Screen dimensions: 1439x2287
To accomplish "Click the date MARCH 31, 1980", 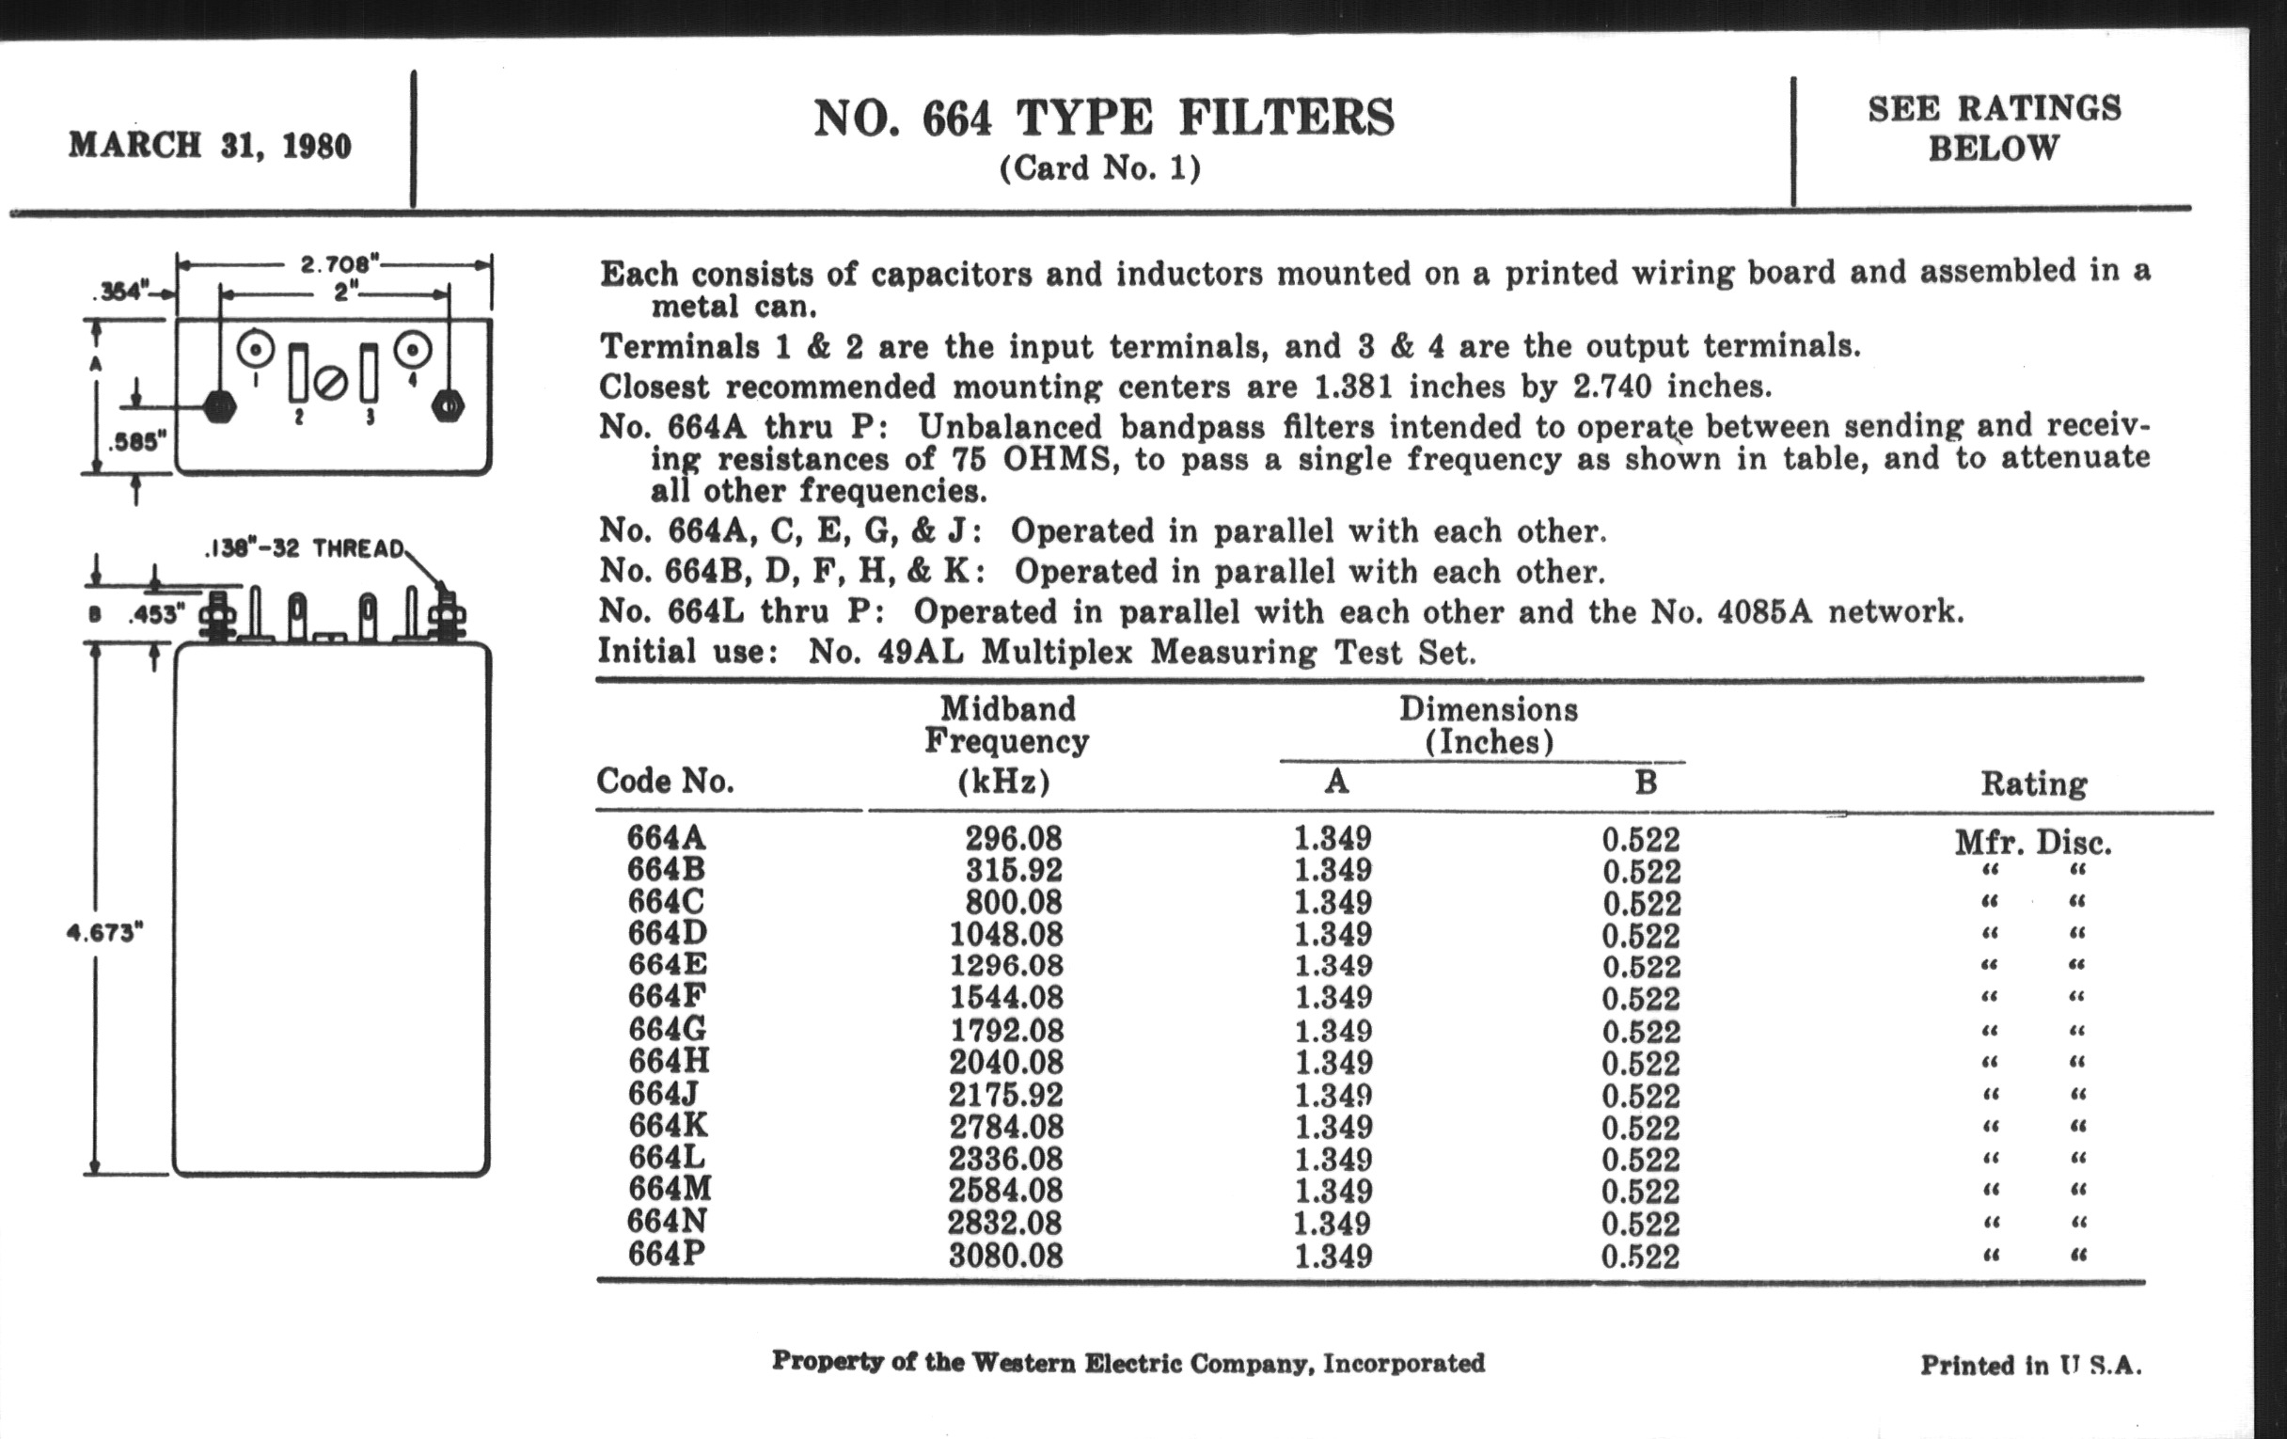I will click(210, 146).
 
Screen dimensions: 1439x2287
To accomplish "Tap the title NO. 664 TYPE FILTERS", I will click(1104, 119).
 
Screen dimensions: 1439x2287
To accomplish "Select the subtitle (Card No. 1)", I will click(1100, 169).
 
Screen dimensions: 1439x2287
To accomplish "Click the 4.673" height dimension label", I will click(104, 933).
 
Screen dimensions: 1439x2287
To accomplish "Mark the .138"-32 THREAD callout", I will click(304, 549).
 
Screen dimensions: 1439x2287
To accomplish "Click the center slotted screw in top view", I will click(332, 385).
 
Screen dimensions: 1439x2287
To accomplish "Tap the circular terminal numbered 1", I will click(256, 350).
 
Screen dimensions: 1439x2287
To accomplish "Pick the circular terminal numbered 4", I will click(412, 350).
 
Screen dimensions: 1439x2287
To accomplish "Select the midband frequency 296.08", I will click(1013, 839).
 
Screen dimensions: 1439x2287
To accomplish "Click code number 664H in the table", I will click(669, 1061).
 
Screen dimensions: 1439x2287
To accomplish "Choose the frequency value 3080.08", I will click(1006, 1256).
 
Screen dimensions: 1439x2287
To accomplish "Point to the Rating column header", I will click(2033, 783).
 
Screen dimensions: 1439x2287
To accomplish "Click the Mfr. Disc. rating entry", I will click(2032, 843).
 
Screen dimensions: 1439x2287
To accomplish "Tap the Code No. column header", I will click(665, 781).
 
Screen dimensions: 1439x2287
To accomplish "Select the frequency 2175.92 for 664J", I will click(1006, 1095).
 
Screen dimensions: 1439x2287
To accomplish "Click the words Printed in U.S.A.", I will click(2030, 1365).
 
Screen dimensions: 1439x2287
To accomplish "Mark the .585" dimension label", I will click(137, 442).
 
